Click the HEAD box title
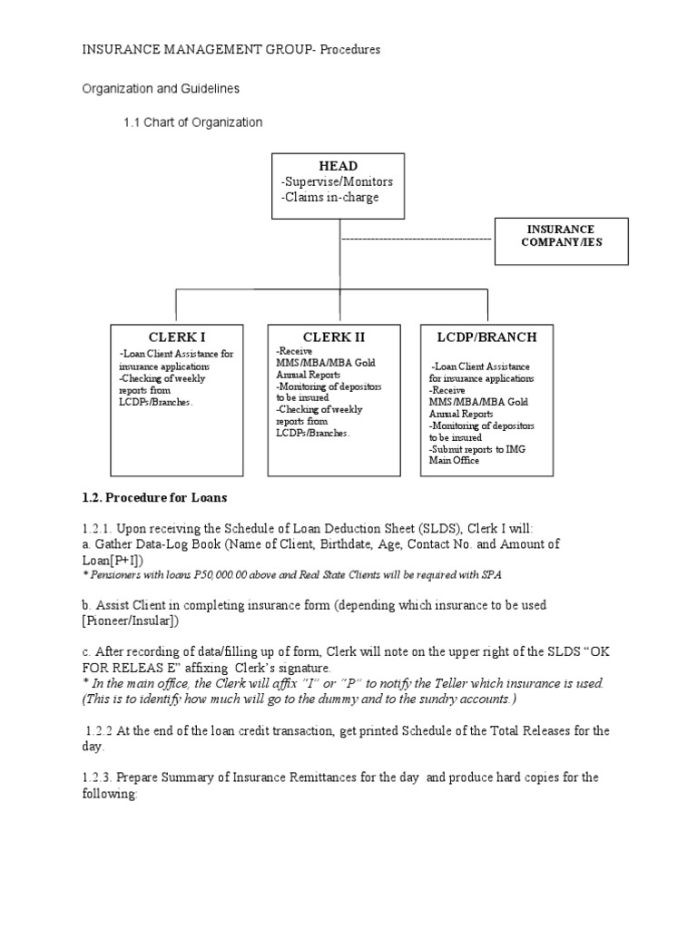[x=338, y=166]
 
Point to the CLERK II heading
[x=334, y=337]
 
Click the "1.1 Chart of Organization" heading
[x=193, y=122]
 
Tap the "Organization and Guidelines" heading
[x=162, y=90]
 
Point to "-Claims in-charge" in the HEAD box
[x=330, y=197]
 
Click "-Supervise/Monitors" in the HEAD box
[x=337, y=182]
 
